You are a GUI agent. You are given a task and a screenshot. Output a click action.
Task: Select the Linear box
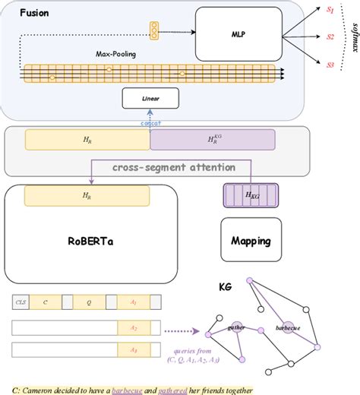[x=150, y=98]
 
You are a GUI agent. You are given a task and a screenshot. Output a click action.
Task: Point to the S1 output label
[x=330, y=10]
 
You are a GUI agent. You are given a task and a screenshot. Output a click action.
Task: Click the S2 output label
[x=330, y=36]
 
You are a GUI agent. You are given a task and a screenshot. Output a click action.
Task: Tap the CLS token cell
[x=20, y=302]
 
